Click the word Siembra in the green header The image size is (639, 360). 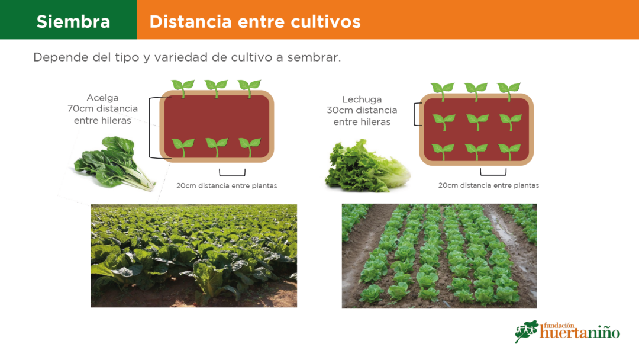(73, 21)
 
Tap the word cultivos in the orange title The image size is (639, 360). (325, 21)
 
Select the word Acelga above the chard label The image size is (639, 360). (103, 98)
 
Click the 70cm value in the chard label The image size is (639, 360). (79, 109)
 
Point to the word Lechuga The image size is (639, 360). (362, 99)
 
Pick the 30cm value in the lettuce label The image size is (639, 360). (339, 110)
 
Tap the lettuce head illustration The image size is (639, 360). (367, 166)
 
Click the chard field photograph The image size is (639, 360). (194, 256)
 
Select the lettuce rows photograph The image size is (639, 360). (439, 256)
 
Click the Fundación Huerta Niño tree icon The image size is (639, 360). (527, 331)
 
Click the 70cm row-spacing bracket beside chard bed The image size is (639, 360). (150, 128)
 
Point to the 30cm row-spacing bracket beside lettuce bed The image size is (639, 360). (414, 114)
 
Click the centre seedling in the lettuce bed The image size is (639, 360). (477, 122)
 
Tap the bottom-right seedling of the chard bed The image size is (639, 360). (250, 147)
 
